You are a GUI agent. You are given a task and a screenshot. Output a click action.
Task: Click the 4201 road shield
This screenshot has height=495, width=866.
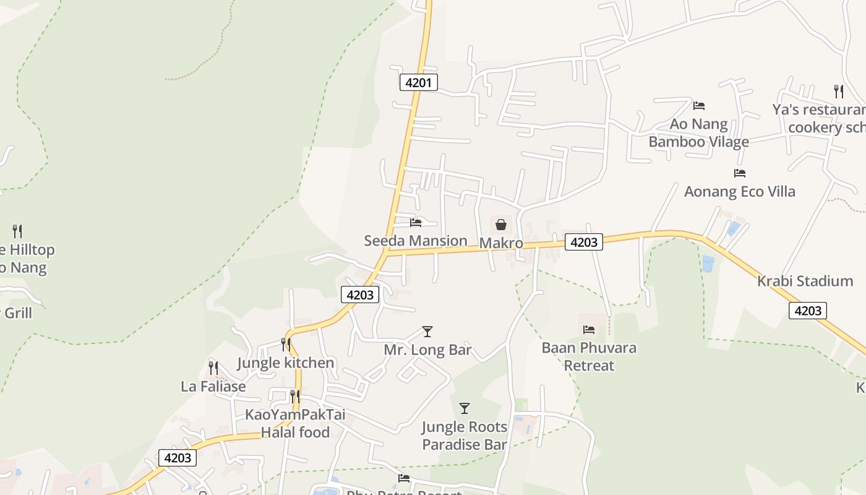click(419, 82)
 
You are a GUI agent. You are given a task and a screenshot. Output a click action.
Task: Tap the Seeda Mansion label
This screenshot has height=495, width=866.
click(415, 241)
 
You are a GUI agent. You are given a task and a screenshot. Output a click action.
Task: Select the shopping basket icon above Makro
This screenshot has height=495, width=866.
click(501, 225)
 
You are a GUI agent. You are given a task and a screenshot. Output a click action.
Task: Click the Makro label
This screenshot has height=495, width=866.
click(501, 243)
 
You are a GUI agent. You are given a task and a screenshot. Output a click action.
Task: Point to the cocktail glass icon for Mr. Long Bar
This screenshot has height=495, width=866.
click(427, 332)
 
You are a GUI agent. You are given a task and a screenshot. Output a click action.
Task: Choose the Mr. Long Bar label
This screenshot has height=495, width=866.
click(427, 350)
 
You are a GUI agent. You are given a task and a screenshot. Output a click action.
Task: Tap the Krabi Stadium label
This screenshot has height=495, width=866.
click(805, 281)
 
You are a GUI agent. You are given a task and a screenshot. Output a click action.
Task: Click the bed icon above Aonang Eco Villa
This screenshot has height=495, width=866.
click(739, 173)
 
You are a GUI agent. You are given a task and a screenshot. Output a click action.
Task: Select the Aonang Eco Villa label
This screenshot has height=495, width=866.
click(739, 191)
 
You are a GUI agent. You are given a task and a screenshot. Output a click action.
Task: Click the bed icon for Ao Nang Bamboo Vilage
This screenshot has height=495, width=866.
click(699, 106)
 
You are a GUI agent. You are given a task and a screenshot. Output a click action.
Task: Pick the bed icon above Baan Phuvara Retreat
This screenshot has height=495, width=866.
click(588, 330)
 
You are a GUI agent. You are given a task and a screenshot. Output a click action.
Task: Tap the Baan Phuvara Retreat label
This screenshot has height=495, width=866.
click(588, 356)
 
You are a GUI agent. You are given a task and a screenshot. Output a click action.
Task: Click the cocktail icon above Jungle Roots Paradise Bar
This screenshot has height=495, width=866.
click(465, 408)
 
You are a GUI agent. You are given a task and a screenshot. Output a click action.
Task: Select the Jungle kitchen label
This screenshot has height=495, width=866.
click(286, 363)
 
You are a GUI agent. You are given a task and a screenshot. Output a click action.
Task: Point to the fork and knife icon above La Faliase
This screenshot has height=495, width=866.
click(213, 368)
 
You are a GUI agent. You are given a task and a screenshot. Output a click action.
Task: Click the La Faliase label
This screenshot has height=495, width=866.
click(213, 387)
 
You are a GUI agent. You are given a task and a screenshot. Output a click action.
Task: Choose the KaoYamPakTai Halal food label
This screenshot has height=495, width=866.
click(295, 423)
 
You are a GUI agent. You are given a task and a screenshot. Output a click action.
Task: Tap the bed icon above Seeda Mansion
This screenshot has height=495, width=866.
click(416, 222)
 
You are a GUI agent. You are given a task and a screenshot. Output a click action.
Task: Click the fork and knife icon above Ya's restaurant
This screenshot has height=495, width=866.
click(839, 92)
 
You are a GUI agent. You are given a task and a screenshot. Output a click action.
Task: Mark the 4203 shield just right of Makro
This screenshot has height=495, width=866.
click(583, 242)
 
